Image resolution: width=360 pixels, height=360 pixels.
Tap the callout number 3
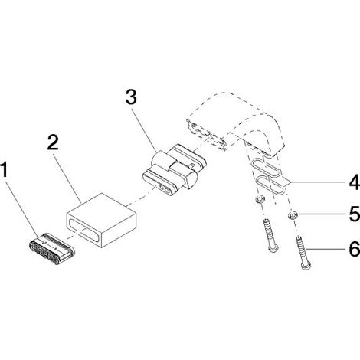coord(131,97)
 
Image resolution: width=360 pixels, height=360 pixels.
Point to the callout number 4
coord(355,182)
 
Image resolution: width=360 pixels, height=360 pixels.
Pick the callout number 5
coord(355,214)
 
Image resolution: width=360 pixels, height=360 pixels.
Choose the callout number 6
coord(355,249)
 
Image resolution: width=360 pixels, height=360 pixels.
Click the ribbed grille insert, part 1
coord(51,248)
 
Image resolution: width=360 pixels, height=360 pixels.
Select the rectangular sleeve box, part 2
coord(101,221)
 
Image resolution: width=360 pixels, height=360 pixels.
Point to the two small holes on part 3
coord(164,189)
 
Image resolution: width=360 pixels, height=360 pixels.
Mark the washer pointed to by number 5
coord(292,216)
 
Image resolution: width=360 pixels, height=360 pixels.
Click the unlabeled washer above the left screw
coord(260,199)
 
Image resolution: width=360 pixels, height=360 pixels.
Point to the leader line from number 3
coord(144,129)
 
